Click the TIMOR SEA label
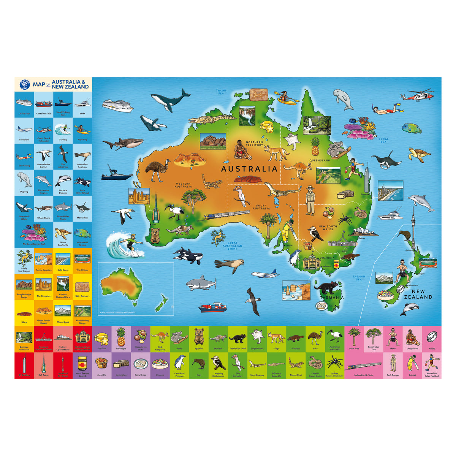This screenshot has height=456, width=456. (221, 92)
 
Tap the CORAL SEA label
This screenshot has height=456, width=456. (383, 141)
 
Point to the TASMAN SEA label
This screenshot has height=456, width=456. (359, 278)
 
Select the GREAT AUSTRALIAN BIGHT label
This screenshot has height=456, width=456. (232, 245)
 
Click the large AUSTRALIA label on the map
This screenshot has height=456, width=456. (249, 168)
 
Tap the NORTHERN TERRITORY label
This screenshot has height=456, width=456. (254, 144)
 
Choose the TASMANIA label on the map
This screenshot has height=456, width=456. (331, 298)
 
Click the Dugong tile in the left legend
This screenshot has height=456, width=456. (24, 182)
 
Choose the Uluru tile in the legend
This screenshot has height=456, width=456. (24, 313)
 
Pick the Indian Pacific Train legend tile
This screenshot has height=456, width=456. (364, 367)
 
